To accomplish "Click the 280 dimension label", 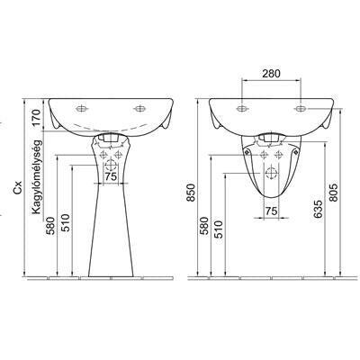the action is pyautogui.click(x=271, y=73).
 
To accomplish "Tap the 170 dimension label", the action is pyautogui.click(x=36, y=118).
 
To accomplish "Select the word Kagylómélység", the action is pyautogui.click(x=36, y=177).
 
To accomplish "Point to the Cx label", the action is pyautogui.click(x=19, y=188).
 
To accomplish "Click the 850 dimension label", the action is pyautogui.click(x=191, y=193).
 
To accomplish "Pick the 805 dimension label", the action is pyautogui.click(x=334, y=193).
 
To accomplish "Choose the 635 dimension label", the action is pyautogui.click(x=319, y=209).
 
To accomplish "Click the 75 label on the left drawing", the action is pyautogui.click(x=111, y=176).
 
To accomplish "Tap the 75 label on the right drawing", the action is pyautogui.click(x=271, y=211).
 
